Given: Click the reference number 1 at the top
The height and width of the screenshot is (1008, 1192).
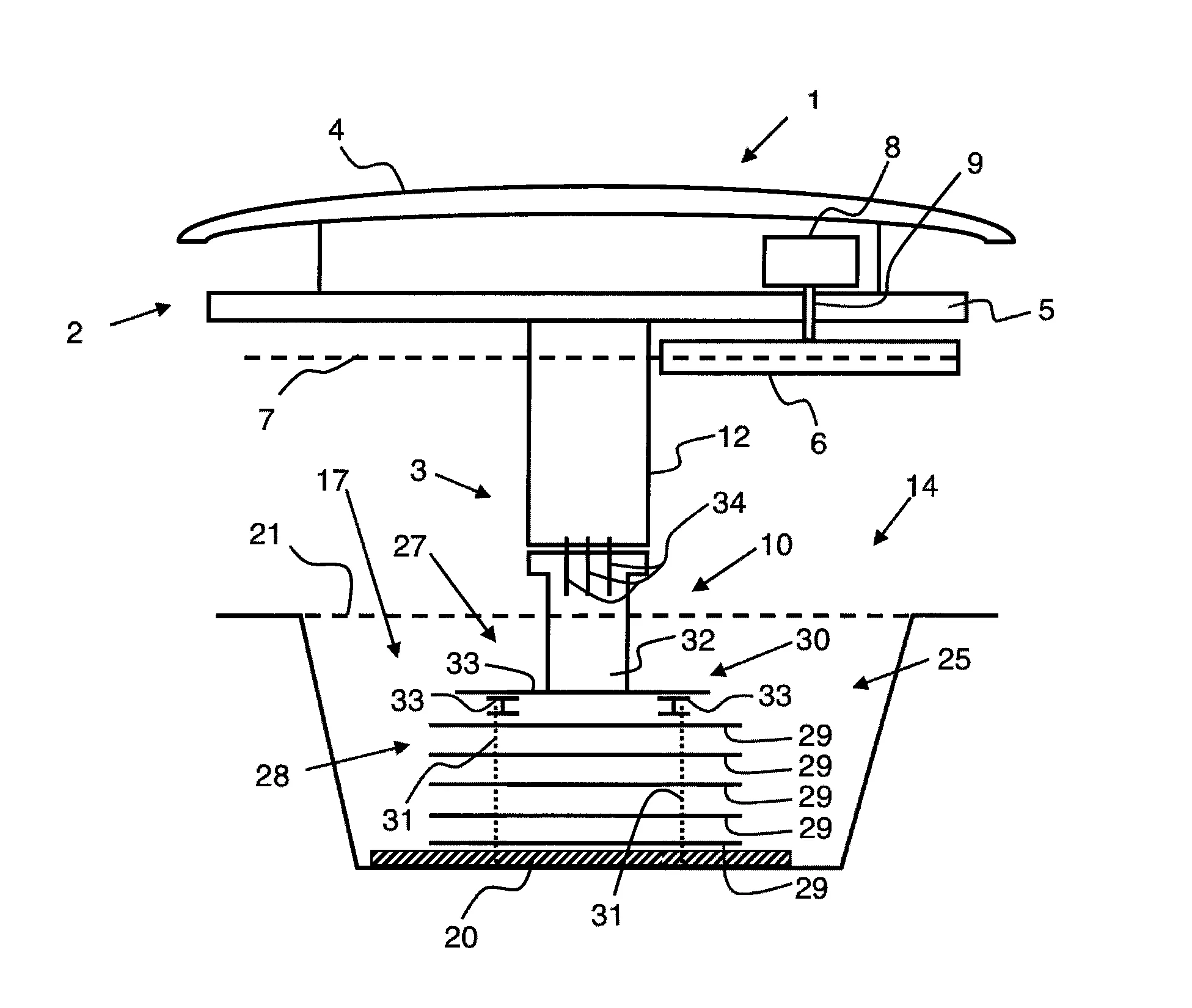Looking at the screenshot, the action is click(x=813, y=100).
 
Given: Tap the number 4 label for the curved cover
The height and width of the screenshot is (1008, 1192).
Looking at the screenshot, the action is click(x=336, y=130).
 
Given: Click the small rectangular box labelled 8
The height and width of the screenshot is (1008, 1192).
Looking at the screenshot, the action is click(x=810, y=261).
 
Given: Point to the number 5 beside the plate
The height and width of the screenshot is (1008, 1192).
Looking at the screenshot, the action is click(x=1046, y=310).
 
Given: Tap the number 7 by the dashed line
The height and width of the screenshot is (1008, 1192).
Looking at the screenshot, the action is click(x=266, y=420).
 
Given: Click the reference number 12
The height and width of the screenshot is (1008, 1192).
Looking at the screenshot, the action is click(x=733, y=437).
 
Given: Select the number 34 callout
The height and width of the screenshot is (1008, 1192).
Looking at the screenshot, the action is click(x=729, y=503).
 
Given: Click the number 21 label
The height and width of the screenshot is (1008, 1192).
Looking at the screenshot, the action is click(x=265, y=535).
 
